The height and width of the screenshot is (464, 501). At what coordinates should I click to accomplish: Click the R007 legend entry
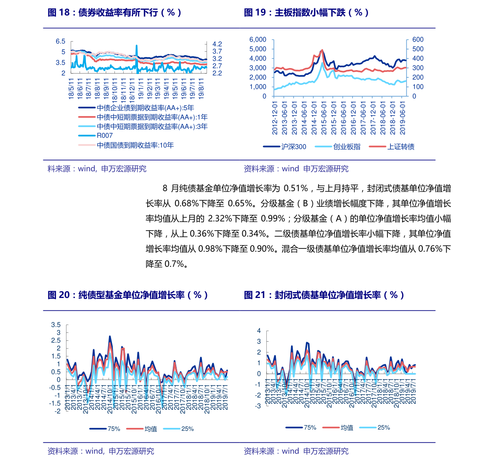105,135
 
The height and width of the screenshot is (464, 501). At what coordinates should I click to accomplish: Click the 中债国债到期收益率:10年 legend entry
135,145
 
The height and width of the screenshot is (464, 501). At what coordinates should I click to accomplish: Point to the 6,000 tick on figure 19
258,40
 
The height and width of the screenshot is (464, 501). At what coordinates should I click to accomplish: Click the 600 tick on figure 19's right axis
418,40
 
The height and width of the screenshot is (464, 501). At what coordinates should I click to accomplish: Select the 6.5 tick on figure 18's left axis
61,41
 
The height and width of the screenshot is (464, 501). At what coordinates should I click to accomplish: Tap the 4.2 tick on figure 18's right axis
217,44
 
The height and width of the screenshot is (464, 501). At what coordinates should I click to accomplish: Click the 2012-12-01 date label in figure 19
275,117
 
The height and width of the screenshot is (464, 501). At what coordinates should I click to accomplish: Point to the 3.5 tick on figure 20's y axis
56,325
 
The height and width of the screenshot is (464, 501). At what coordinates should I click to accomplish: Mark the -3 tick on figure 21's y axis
258,406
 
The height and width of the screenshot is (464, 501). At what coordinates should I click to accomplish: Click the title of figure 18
114,12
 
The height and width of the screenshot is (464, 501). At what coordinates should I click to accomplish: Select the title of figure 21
324,295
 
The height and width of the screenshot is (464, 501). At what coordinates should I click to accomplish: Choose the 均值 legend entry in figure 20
151,429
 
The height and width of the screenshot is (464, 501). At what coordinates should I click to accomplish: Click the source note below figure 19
296,169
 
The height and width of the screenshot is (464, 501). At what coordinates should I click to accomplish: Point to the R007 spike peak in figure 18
137,46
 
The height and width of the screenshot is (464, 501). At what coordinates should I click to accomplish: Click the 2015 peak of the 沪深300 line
322,50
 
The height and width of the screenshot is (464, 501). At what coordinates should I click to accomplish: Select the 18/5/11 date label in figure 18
71,88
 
